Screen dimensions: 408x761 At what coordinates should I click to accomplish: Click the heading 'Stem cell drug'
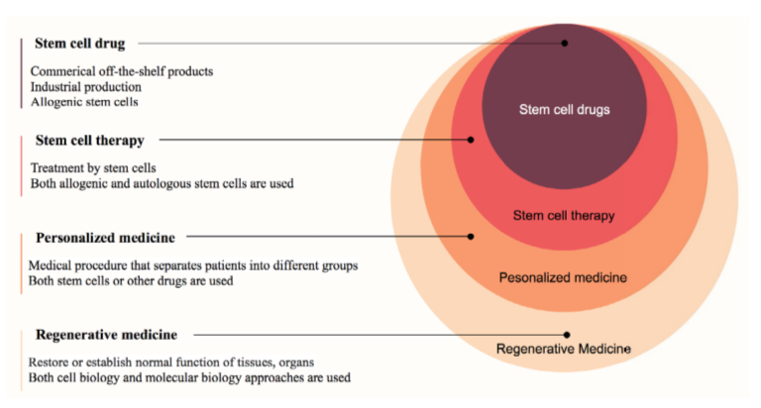pos(86,44)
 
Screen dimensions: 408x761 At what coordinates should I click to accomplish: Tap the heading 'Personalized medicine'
pos(105,238)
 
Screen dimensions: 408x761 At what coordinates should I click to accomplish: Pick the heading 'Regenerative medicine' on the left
pos(106,335)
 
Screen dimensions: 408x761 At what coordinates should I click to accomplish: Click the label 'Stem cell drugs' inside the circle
pos(565,110)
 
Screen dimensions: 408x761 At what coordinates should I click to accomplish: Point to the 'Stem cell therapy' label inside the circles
pos(564,215)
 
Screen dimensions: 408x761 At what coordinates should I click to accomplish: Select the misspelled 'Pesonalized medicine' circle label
pos(563,278)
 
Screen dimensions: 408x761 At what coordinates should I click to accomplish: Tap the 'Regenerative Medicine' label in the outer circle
pos(563,349)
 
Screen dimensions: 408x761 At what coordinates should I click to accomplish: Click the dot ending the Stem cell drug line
pos(565,43)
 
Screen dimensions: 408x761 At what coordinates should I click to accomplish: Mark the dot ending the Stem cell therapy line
pos(471,140)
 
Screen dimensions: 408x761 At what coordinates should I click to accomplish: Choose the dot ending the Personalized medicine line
pos(471,237)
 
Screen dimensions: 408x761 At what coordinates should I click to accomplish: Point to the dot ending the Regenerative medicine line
pos(567,335)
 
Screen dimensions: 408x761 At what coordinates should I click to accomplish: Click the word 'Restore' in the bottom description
pos(50,362)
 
